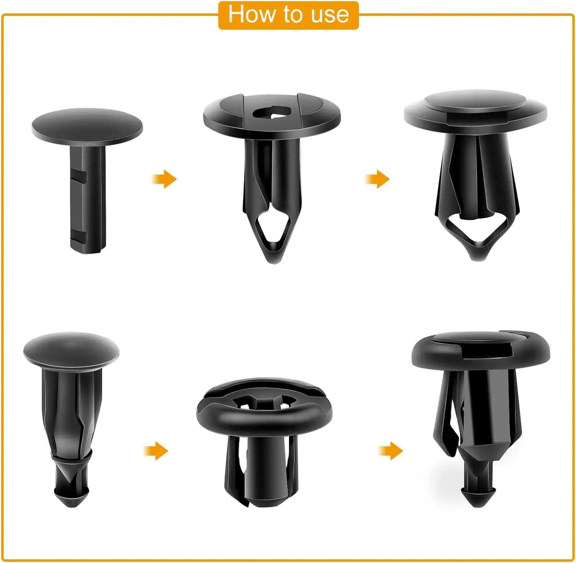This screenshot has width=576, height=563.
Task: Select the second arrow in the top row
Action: pyautogui.click(x=378, y=179)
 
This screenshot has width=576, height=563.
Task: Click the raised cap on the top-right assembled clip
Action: pyautogui.click(x=475, y=101)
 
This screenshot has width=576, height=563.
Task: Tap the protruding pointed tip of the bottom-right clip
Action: pyautogui.click(x=477, y=494)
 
